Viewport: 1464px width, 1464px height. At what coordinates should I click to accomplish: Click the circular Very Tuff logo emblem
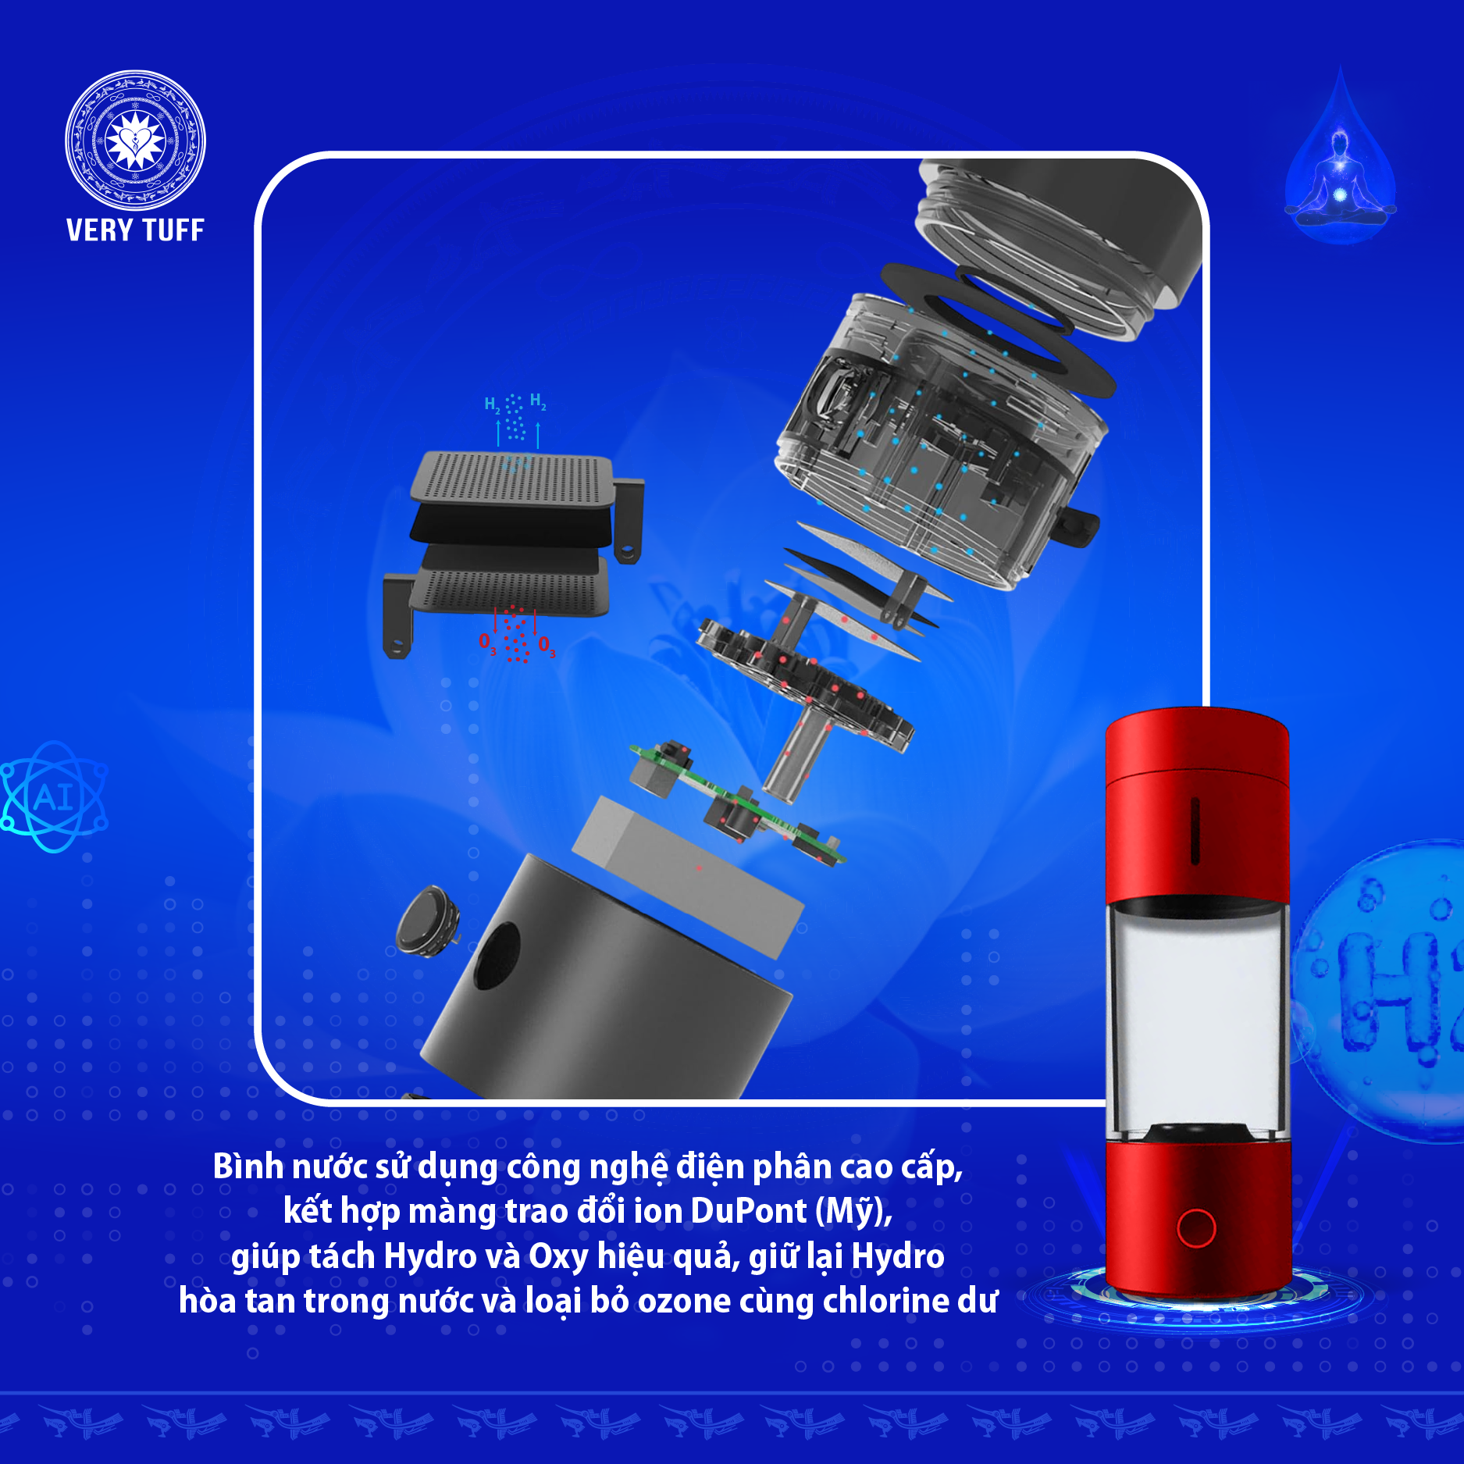[x=135, y=141]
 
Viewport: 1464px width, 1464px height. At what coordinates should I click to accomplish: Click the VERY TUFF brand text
[x=135, y=230]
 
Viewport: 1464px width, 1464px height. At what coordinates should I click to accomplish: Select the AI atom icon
[x=53, y=796]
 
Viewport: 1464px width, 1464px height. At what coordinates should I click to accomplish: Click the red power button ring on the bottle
[x=1195, y=1228]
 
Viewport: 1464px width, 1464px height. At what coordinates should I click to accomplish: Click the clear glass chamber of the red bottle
[x=1198, y=1019]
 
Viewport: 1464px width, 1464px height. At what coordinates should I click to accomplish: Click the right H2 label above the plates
[x=538, y=402]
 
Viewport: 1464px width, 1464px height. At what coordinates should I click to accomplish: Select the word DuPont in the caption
[x=748, y=1211]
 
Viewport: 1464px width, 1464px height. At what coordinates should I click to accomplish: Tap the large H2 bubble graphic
[x=1382, y=992]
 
